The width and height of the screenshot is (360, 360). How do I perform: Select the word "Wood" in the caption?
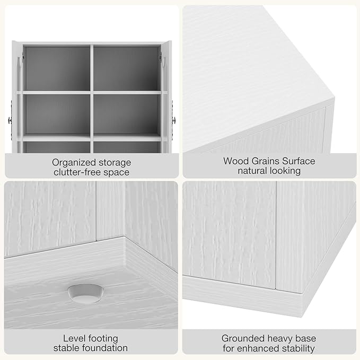pyautogui.click(x=235, y=161)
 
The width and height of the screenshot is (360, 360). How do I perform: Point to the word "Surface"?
pyautogui.click(x=298, y=161)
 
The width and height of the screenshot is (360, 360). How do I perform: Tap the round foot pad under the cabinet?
pyautogui.click(x=85, y=294)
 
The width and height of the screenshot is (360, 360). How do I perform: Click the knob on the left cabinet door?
pyautogui.click(x=10, y=120)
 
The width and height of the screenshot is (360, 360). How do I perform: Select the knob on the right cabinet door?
pyautogui.click(x=174, y=120)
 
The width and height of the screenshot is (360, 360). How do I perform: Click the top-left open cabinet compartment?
pyautogui.click(x=57, y=68)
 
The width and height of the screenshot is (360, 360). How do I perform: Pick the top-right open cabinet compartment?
pyautogui.click(x=127, y=68)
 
